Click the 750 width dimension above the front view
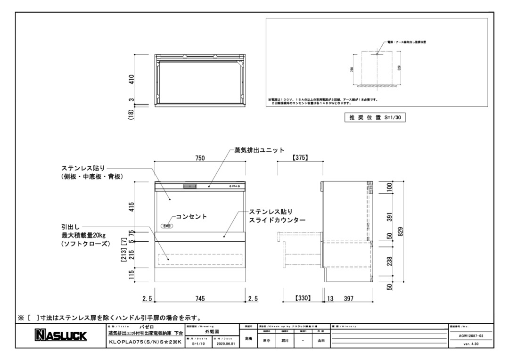click(200, 159)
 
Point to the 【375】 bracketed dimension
click(300, 158)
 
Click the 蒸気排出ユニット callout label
click(259, 150)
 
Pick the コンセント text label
click(191, 216)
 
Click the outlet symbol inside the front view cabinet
click(166, 226)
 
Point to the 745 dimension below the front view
click(200, 298)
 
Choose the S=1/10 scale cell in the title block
click(195, 344)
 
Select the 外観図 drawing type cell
click(208, 332)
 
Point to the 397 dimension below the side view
click(349, 298)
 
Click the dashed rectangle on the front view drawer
click(200, 259)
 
